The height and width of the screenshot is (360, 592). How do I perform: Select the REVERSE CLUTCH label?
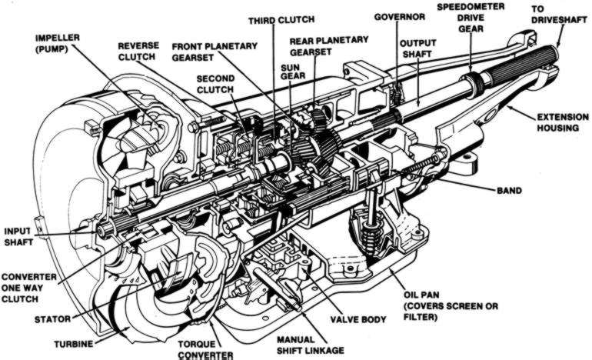tap(138, 51)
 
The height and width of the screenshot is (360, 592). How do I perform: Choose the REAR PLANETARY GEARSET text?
tap(328, 45)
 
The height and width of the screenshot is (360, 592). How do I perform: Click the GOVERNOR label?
tap(401, 16)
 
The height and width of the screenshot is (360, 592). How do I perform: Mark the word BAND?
tap(509, 190)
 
